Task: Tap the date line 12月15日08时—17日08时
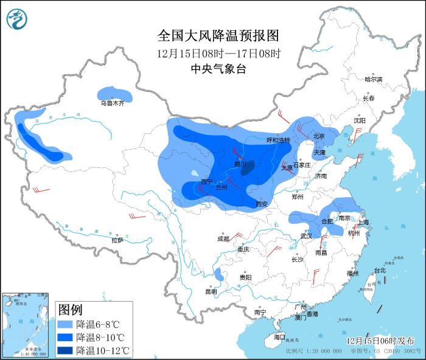pyautogui.click(x=218, y=53)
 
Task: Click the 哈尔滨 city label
pyautogui.click(x=373, y=80)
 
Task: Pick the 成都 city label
pyautogui.click(x=223, y=239)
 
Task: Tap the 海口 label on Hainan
pyautogui.click(x=279, y=336)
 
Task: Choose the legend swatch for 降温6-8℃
pyautogui.click(x=66, y=325)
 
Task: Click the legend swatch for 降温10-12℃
pyautogui.click(x=66, y=350)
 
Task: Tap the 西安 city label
pyautogui.click(x=262, y=204)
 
